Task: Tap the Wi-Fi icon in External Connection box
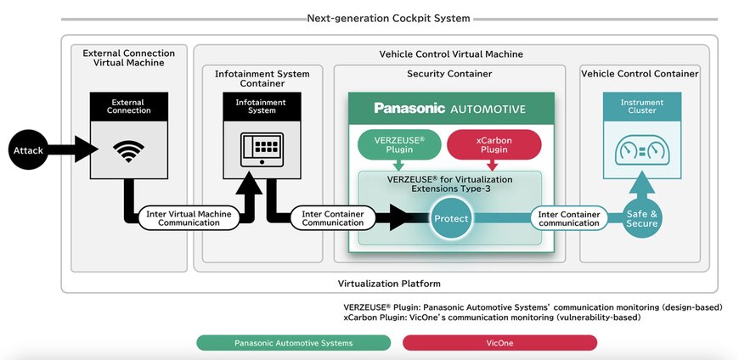pyautogui.click(x=128, y=152)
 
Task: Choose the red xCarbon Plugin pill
pyautogui.click(x=494, y=143)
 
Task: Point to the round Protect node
pyautogui.click(x=451, y=218)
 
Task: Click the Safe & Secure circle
pyautogui.click(x=641, y=218)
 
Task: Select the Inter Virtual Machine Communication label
pyautogui.click(x=185, y=218)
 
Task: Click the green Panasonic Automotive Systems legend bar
pyautogui.click(x=293, y=343)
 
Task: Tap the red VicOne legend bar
pyautogui.click(x=499, y=343)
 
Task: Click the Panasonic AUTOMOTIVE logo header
pyautogui.click(x=450, y=109)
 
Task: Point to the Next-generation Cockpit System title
pyautogui.click(x=388, y=18)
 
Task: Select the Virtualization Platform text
pyautogui.click(x=388, y=283)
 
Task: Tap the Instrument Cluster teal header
pyautogui.click(x=641, y=106)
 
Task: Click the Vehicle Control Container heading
pyautogui.click(x=640, y=74)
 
